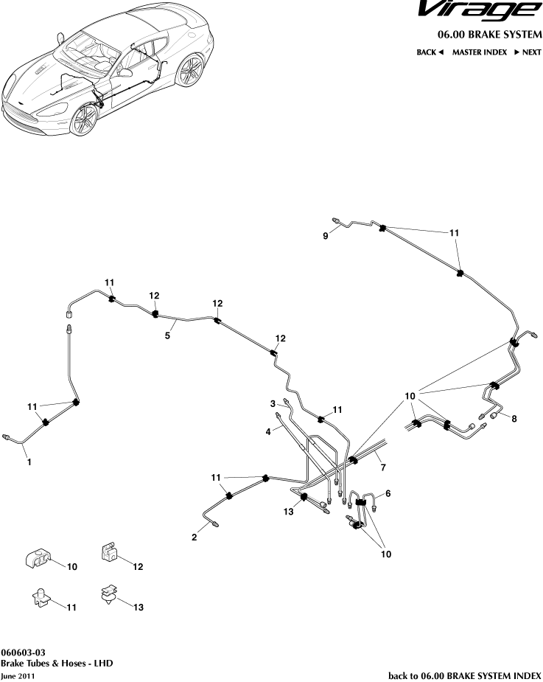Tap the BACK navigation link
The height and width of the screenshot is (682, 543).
coord(430,53)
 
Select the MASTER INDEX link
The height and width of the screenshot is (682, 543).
coord(479,53)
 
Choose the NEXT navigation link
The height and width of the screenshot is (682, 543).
coord(528,53)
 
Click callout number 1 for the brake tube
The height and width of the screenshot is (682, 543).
coord(29,462)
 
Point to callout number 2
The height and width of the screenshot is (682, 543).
coord(195,537)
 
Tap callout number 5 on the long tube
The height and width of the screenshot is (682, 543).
coord(167,335)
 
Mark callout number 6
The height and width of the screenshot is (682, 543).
coord(388,493)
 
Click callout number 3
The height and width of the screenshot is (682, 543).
coord(273,403)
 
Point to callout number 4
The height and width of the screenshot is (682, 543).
coord(269,431)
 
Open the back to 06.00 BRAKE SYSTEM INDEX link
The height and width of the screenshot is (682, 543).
coord(465,675)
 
